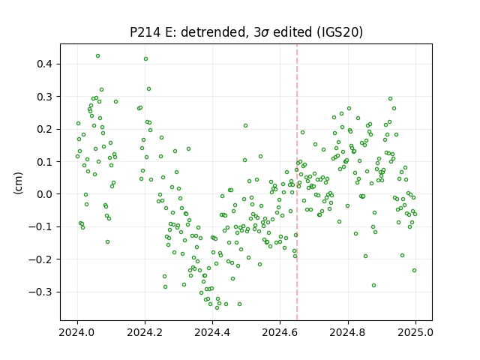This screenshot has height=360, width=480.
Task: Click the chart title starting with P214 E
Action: tap(246, 32)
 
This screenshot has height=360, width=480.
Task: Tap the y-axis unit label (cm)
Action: tap(18, 183)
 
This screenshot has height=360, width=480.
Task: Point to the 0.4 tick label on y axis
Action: tap(45, 64)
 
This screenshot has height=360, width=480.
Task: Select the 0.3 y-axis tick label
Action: tap(45, 97)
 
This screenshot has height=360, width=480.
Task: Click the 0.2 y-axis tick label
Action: tap(45, 129)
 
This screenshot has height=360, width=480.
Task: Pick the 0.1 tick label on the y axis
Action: tap(45, 162)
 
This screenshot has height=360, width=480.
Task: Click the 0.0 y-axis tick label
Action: tap(45, 194)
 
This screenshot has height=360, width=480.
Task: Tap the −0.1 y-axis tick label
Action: tap(41, 226)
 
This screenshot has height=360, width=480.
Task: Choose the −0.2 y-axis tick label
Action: tap(41, 259)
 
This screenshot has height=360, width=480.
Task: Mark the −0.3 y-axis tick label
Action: tap(41, 292)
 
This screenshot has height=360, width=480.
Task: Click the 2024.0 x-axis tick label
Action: tap(77, 332)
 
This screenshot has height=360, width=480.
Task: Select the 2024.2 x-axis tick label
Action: tap(145, 332)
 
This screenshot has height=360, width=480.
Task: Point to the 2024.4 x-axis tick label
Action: tap(212, 332)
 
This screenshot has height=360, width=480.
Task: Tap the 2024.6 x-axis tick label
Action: tap(280, 332)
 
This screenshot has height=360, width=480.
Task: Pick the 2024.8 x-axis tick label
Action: tap(348, 332)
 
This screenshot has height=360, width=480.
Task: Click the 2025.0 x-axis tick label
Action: tap(415, 332)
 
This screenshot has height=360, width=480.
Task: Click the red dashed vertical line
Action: tap(297, 182)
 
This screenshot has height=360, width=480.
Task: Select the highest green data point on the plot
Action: tap(97, 56)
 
